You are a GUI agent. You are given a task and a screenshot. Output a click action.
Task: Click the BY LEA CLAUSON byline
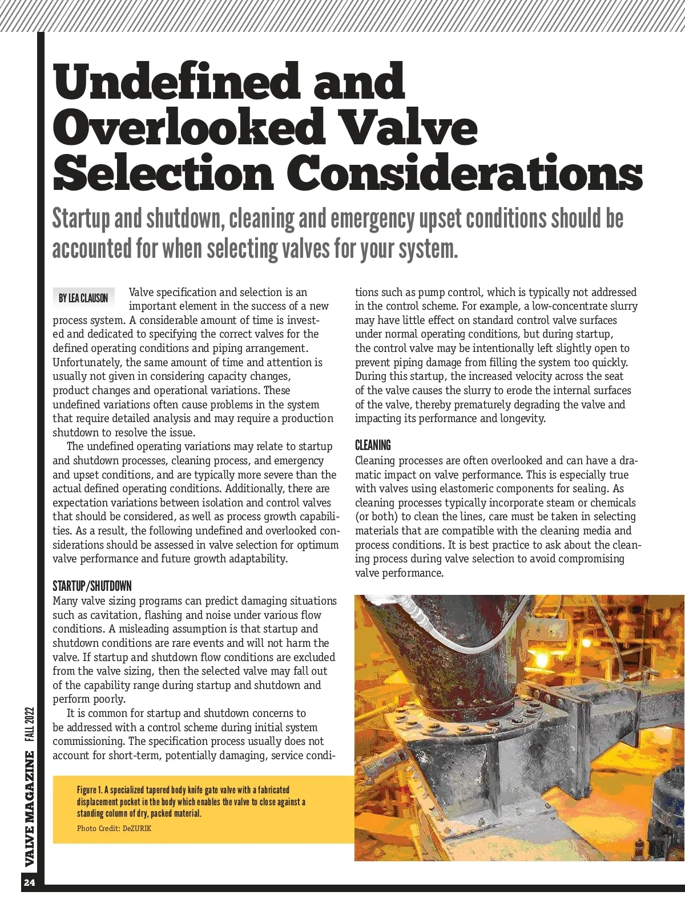[x=83, y=298]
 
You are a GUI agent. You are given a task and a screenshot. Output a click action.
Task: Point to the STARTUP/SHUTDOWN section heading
[x=92, y=586]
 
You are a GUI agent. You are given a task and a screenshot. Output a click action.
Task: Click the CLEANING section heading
[x=373, y=445]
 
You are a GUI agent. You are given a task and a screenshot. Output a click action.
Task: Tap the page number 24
[x=30, y=883]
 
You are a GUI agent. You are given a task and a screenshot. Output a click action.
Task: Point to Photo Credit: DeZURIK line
[x=114, y=828]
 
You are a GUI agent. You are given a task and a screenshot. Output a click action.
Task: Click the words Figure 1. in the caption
[x=90, y=790]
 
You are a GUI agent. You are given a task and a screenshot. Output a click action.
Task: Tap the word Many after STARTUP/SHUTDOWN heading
[x=65, y=601]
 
